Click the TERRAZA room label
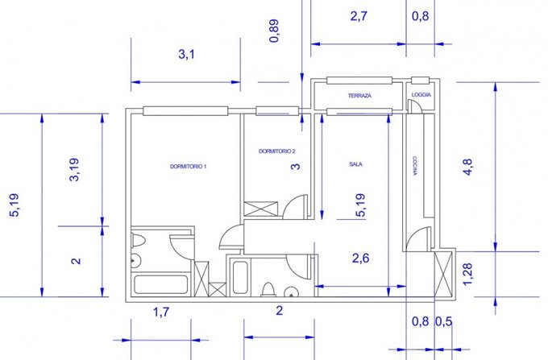(359, 96)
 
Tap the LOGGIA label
(421, 95)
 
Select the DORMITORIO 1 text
(188, 167)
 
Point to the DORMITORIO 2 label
(276, 151)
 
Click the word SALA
(355, 164)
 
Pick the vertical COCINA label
(414, 166)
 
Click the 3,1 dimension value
(187, 55)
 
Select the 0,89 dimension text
(275, 31)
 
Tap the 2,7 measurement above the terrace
(359, 16)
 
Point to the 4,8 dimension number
(467, 167)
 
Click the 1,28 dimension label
(467, 274)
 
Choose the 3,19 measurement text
(74, 170)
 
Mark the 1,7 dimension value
(161, 312)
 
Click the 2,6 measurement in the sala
(360, 259)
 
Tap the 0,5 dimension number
(443, 321)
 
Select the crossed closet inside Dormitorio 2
(261, 209)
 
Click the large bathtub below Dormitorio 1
(160, 285)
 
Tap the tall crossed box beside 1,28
(443, 275)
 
